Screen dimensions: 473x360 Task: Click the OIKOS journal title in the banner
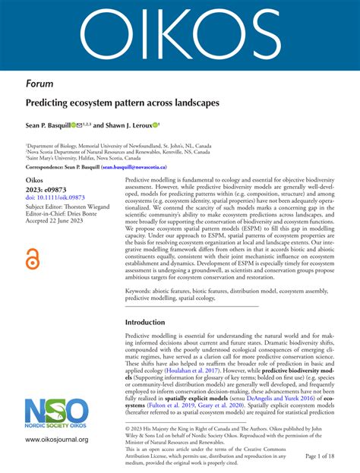(180, 33)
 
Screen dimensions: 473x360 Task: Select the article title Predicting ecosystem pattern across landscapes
(122, 102)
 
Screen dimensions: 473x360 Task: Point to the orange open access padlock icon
(33, 260)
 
